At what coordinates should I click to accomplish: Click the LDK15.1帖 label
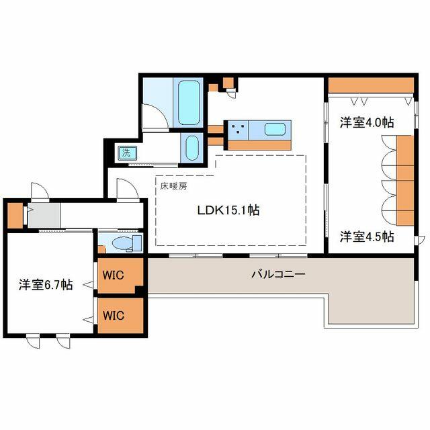click(228, 210)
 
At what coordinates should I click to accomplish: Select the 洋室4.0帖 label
click(366, 122)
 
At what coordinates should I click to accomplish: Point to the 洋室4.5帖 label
click(366, 236)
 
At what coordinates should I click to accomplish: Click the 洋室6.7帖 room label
click(45, 285)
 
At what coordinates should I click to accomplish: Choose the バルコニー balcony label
click(278, 274)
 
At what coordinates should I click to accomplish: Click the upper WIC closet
click(119, 275)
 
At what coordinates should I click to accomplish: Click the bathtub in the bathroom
click(188, 101)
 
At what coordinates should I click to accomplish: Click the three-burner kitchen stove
click(238, 128)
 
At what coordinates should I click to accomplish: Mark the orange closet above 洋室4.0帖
click(370, 86)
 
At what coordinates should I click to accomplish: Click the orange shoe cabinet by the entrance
click(14, 216)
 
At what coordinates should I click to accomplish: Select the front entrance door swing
click(39, 191)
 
